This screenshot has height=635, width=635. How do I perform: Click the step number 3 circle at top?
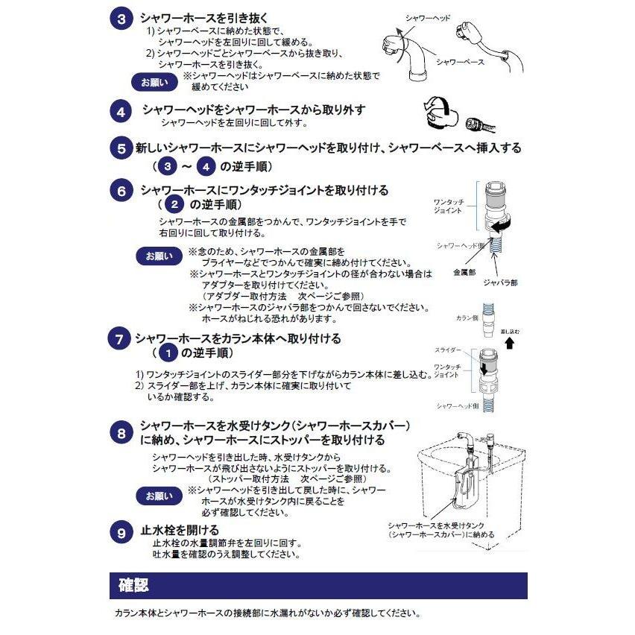tap(121, 19)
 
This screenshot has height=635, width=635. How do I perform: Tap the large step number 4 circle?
tap(121, 111)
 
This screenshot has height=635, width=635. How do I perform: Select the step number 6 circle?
tap(121, 190)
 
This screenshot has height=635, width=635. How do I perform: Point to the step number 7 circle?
tap(119, 338)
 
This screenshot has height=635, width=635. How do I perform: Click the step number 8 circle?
tap(121, 433)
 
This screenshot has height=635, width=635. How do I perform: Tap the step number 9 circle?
tap(121, 533)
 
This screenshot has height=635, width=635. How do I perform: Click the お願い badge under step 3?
tap(154, 82)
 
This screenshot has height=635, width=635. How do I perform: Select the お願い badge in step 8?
tap(159, 496)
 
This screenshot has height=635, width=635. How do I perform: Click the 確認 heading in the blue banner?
tap(133, 585)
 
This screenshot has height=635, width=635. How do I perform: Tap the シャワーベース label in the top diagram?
tap(460, 62)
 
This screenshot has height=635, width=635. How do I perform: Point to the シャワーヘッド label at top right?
tap(428, 18)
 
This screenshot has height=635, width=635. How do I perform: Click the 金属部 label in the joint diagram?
tap(464, 272)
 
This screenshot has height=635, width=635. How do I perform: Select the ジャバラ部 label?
tap(500, 282)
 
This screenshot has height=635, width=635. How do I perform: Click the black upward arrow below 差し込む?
tap(510, 343)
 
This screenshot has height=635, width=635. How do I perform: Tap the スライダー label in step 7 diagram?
tap(447, 350)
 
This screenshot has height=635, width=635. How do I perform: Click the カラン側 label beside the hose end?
tap(467, 318)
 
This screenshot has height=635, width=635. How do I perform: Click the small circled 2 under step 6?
tap(174, 204)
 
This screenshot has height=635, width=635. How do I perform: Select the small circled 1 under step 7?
tap(168, 353)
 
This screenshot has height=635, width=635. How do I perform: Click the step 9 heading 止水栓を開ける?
tap(180, 530)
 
